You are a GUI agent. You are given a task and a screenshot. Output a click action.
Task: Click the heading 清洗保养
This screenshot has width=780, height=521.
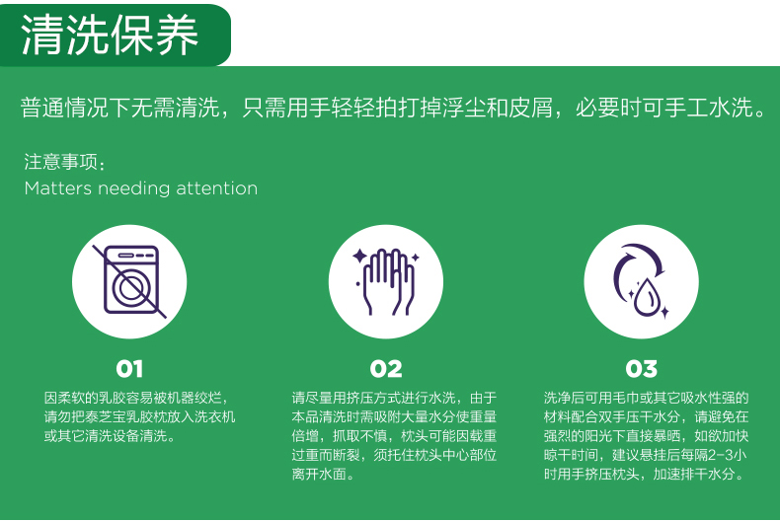pos(110,35)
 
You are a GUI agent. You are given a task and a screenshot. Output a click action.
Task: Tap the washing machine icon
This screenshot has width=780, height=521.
pos(130,280)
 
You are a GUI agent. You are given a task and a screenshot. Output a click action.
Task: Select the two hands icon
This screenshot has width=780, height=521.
pos(386,281)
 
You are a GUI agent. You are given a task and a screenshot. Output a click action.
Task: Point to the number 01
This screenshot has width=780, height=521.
pos(129,369)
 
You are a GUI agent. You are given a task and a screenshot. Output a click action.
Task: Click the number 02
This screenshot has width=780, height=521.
pos(386,369)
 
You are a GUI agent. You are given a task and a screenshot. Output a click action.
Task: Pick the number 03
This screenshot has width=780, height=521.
pos(641,369)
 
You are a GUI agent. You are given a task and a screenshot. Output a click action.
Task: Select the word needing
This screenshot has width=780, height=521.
pos(134,189)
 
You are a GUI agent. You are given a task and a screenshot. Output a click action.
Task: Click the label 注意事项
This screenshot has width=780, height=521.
pos(60,162)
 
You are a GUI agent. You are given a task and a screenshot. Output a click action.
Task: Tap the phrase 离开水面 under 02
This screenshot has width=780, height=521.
pos(319,474)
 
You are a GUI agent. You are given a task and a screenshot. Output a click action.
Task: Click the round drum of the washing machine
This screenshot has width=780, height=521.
pos(131,288)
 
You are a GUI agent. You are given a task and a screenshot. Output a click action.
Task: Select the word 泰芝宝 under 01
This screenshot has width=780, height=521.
pos(105,416)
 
